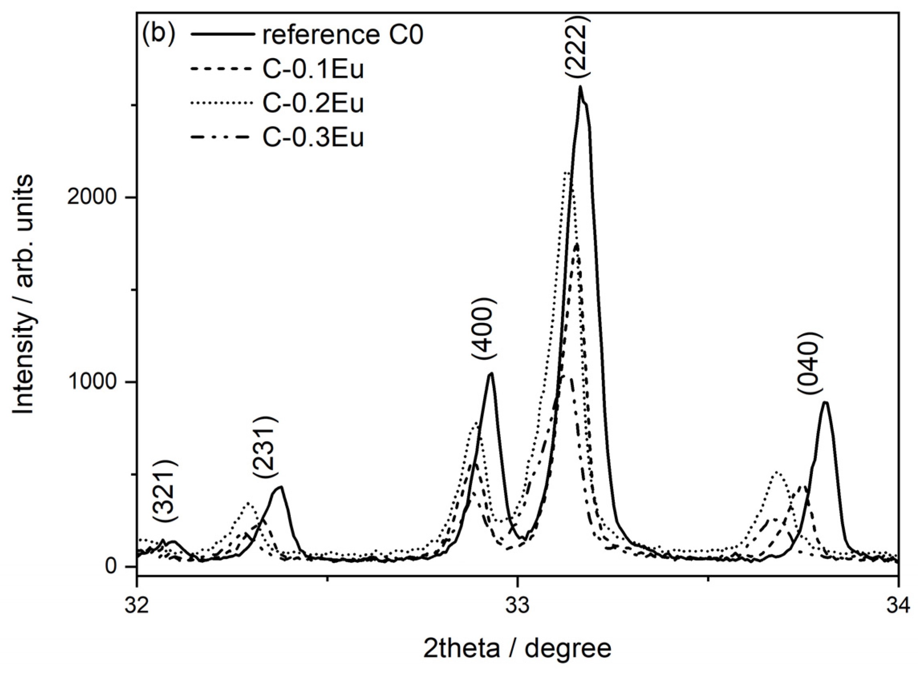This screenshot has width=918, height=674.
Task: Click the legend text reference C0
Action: (342, 35)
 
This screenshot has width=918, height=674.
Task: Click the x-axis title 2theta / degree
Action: (517, 649)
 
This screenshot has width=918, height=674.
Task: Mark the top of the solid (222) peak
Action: (580, 87)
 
